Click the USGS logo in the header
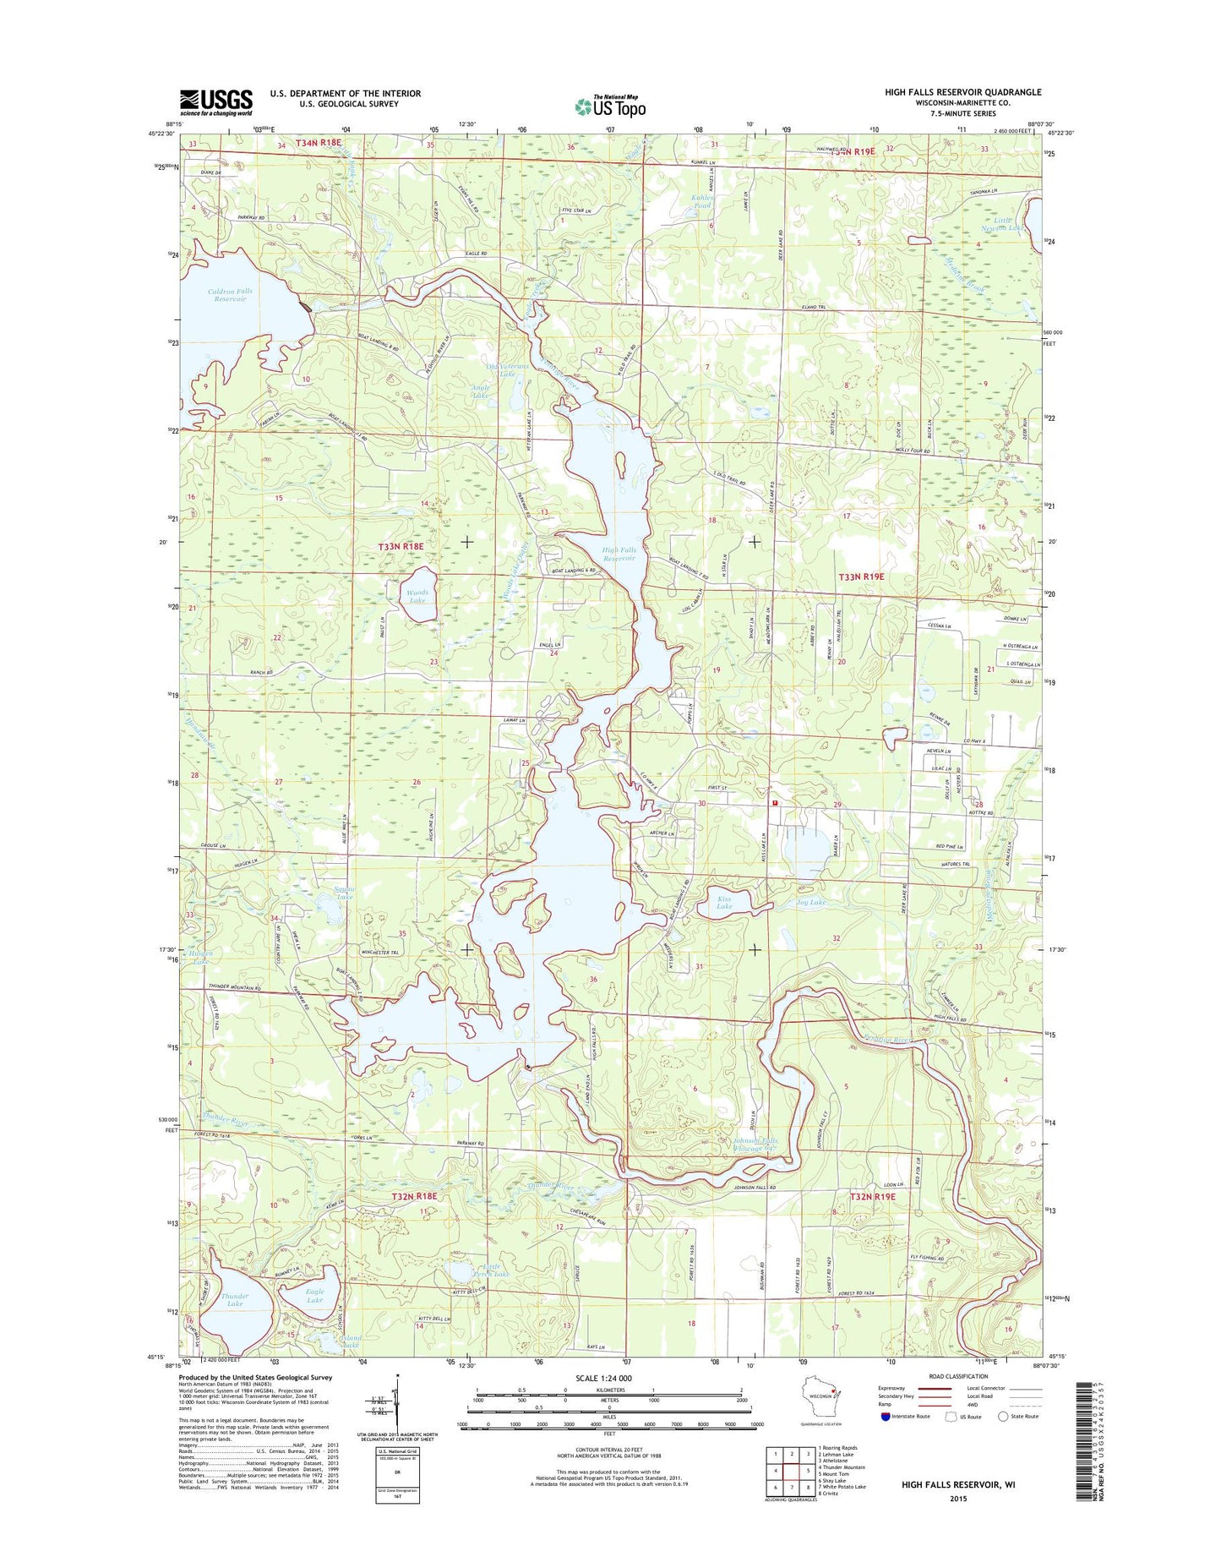click(x=215, y=102)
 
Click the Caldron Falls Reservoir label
click(x=230, y=295)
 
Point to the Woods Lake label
click(x=417, y=596)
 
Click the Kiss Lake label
click(x=724, y=902)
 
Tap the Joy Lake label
click(x=810, y=902)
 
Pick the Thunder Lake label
click(x=235, y=1300)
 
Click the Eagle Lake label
click(x=314, y=1296)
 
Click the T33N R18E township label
click(x=401, y=547)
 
